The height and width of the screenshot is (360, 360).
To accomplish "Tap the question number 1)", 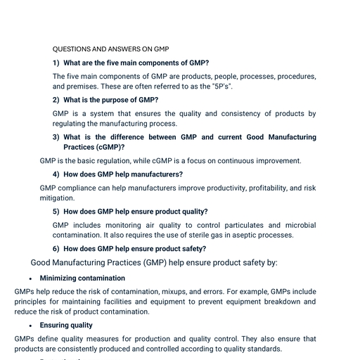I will click(56, 63).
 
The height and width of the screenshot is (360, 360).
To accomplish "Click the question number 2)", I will click(56, 100).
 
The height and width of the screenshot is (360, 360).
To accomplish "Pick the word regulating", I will click(75, 123).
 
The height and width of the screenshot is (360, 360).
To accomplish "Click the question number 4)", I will click(56, 174).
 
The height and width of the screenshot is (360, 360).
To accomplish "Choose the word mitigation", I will click(57, 198).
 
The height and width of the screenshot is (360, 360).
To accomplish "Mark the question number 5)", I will click(56, 211).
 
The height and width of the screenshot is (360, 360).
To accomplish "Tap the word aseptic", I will click(246, 235).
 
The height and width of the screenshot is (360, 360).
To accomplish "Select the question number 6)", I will click(56, 248).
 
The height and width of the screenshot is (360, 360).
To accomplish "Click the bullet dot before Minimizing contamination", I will click(30, 278).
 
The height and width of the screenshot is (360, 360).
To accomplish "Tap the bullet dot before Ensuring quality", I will click(30, 326).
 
